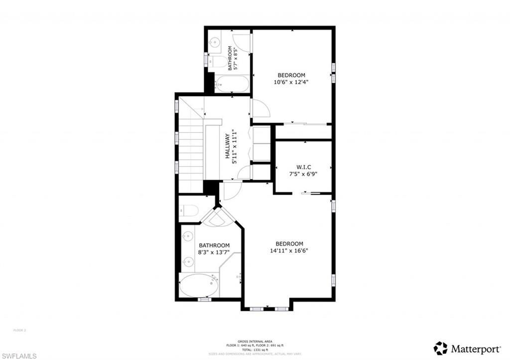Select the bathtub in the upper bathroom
(x=233, y=84)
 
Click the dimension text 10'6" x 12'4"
(x=291, y=82)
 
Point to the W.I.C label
(x=303, y=167)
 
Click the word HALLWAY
(x=228, y=146)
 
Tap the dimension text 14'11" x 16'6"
(x=289, y=250)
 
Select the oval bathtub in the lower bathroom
(x=199, y=286)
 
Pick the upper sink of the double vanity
(x=188, y=237)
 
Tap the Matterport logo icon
(x=440, y=348)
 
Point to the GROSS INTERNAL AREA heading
(x=255, y=341)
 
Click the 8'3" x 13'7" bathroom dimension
(x=214, y=252)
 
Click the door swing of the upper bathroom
(x=242, y=41)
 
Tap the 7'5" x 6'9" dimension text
(x=303, y=174)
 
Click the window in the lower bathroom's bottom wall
(x=204, y=299)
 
